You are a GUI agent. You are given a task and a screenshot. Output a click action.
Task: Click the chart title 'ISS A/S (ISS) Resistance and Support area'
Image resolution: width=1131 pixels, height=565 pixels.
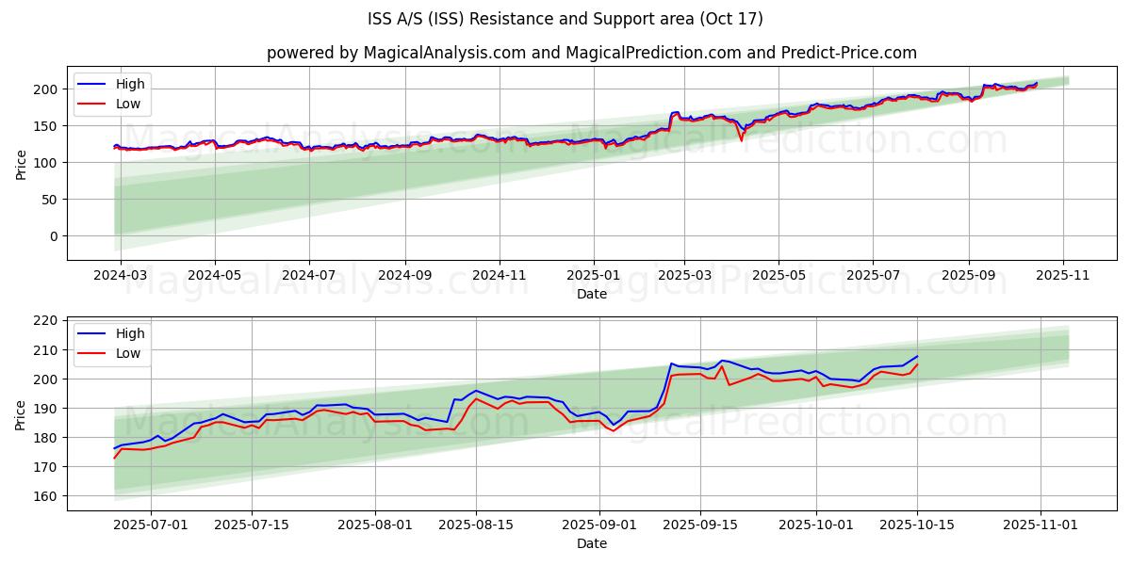565,19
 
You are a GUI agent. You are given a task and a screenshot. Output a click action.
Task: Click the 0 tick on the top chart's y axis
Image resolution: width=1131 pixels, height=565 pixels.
54,236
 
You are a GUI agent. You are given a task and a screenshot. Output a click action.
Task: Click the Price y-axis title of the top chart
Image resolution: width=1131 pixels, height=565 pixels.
22,164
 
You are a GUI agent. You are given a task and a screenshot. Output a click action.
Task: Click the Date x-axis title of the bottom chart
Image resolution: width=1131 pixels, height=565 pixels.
591,543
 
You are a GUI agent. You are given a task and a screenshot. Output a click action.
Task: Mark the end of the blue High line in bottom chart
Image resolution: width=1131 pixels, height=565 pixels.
918,356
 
